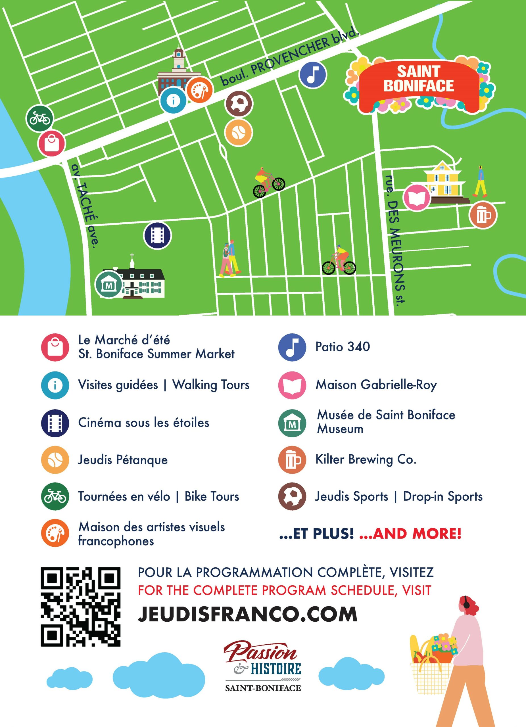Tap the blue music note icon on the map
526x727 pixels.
click(x=312, y=75)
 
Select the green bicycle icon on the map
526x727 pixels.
click(x=39, y=119)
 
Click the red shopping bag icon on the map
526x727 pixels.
click(x=52, y=143)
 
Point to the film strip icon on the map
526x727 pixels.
click(x=157, y=236)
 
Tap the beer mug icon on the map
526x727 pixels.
click(x=483, y=215)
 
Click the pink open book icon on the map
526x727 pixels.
click(x=416, y=197)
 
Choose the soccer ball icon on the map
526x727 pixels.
click(x=239, y=104)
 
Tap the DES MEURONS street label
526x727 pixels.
click(x=396, y=241)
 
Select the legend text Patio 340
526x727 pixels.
click(x=343, y=346)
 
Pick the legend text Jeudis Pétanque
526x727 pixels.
click(x=123, y=460)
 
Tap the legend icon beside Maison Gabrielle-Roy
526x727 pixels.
click(x=292, y=385)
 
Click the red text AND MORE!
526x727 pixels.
click(x=410, y=534)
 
